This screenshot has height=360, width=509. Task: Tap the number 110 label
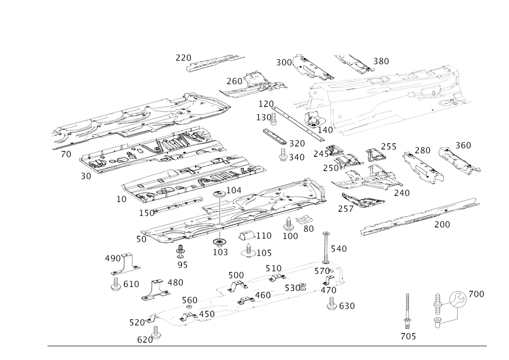(264, 235)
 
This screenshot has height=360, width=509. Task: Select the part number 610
(133, 284)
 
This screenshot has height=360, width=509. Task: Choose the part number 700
(443, 225)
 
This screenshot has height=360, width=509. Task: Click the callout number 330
(381, 61)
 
